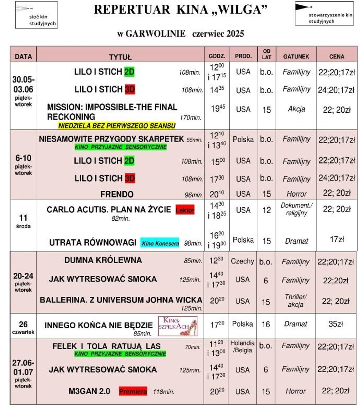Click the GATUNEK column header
[x=296, y=56]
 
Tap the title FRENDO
[x=117, y=194]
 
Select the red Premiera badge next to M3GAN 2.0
[x=133, y=391]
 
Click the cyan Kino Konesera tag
[x=160, y=243]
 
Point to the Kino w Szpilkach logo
[x=178, y=326]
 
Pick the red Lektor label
[x=185, y=210]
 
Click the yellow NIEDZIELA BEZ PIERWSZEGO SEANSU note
[x=117, y=126]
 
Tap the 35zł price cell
[x=336, y=324]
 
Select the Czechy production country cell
[x=242, y=261]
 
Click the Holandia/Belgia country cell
[x=242, y=347]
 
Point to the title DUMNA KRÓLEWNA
[x=103, y=260]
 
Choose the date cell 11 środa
[x=23, y=221]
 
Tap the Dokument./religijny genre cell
[x=296, y=209]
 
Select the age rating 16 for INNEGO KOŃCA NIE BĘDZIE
[x=266, y=324]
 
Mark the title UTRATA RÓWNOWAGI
[x=93, y=242]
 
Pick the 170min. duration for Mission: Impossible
[x=190, y=118]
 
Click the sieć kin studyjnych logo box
[x=36, y=15]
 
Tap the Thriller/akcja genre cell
[x=295, y=300]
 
